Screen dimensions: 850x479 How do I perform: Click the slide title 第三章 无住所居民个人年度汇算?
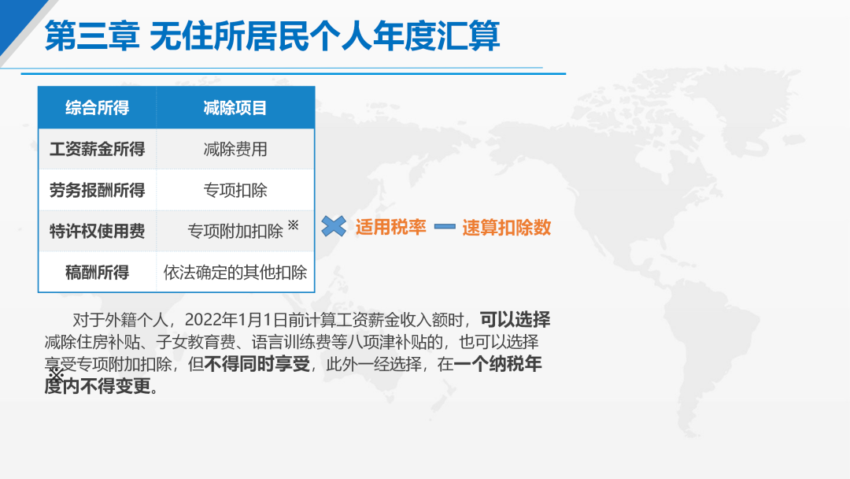click(272, 35)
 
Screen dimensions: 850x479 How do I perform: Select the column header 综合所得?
click(98, 108)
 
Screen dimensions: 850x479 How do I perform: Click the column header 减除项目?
click(235, 108)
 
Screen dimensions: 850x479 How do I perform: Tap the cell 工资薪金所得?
click(98, 149)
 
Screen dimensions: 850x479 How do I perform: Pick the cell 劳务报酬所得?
click(98, 191)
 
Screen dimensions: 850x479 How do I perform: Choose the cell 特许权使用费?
click(98, 232)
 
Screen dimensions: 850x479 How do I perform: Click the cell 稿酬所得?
click(98, 273)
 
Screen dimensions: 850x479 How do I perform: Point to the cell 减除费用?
click(235, 149)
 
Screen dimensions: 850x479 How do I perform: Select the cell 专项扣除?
click(235, 191)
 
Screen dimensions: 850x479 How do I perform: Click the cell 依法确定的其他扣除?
click(235, 273)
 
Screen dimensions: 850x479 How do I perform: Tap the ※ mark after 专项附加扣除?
click(294, 225)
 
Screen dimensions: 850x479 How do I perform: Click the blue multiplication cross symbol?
click(334, 226)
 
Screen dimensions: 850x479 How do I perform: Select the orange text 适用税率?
click(391, 228)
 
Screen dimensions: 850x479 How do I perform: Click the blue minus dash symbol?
click(445, 226)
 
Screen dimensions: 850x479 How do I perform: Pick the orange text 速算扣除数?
click(507, 228)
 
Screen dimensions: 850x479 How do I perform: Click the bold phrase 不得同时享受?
click(257, 364)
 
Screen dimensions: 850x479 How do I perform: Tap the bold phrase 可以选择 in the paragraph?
click(515, 320)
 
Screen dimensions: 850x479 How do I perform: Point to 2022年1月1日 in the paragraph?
click(236, 320)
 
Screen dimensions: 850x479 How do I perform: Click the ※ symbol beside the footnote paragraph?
click(56, 374)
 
